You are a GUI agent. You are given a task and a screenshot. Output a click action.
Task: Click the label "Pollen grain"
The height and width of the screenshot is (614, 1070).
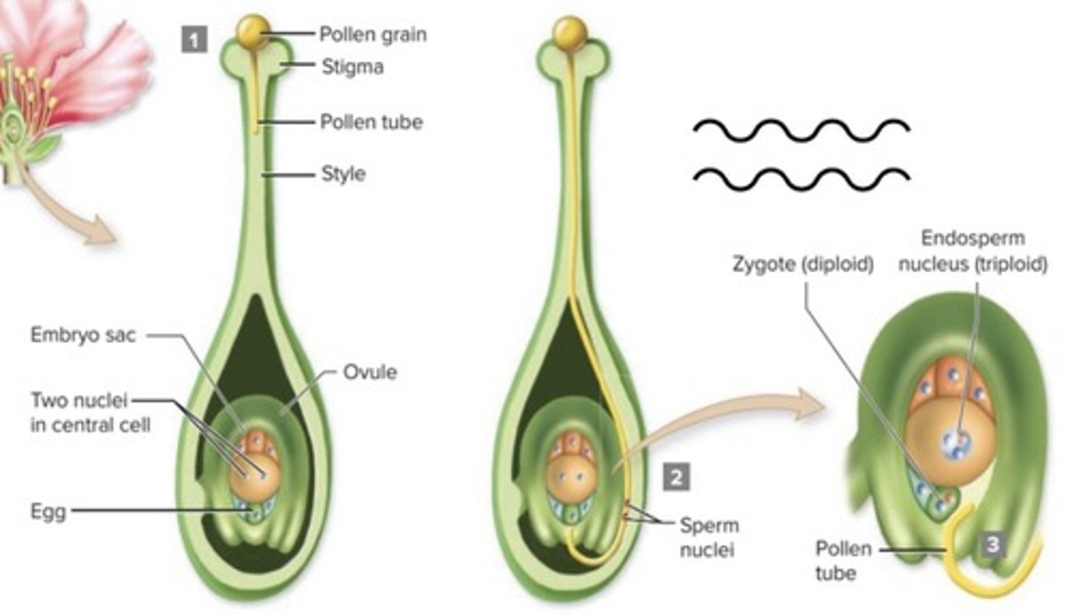372,34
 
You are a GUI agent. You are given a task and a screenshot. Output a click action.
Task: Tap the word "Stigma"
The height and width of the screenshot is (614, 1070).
352,67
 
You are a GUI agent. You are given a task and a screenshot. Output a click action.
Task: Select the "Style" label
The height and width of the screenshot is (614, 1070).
343,174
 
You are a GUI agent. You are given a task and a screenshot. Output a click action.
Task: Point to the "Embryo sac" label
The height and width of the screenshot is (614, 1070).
82,335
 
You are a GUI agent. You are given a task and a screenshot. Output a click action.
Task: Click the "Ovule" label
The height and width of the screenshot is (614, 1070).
369,372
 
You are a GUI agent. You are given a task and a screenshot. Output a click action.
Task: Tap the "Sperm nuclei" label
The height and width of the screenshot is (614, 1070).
710,537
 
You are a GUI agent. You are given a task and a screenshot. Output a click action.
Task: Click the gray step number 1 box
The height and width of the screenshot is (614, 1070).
194,39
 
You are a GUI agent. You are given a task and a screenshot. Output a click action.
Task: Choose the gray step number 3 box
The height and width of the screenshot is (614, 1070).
993,546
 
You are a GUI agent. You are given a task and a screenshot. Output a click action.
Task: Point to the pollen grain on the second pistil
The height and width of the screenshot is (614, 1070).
571,33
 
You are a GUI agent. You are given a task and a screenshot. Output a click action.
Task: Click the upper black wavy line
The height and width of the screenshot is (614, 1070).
800,131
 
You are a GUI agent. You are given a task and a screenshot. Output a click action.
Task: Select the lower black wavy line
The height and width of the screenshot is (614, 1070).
800,176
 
